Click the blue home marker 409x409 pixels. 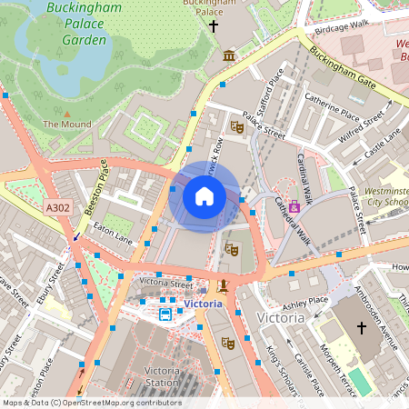(204, 196)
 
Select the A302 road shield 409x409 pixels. (57, 208)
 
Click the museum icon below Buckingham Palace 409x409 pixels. (228, 57)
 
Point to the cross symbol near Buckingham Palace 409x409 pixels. (214, 26)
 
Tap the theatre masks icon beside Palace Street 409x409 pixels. (237, 127)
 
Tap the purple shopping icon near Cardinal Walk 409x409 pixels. (294, 206)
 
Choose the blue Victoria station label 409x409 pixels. (203, 303)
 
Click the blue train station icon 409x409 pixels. (165, 314)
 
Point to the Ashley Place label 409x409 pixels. (305, 300)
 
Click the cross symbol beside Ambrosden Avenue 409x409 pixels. (361, 327)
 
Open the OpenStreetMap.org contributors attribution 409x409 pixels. (122, 402)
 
